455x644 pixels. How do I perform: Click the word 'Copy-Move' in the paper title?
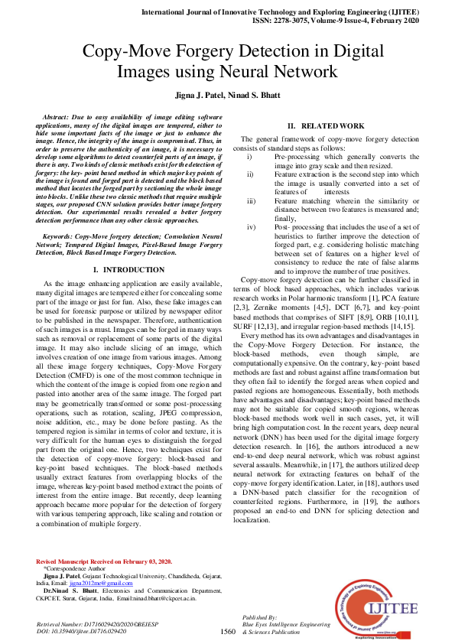point(123,52)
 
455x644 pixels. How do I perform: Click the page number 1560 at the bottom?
point(227,632)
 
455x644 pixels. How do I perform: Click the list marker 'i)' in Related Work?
point(249,157)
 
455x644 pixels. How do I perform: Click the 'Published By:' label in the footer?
point(258,616)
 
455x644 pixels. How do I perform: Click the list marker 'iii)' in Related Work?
point(251,201)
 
